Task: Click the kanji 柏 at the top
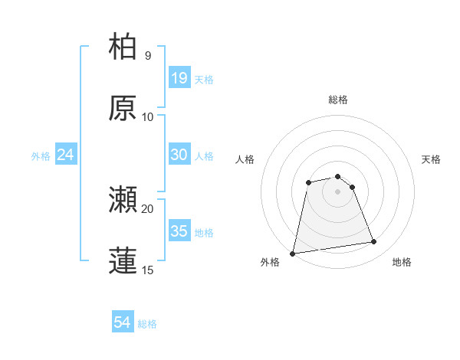[x=123, y=47]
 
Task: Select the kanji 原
[x=123, y=108]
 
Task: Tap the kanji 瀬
[x=123, y=200]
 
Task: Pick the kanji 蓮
[x=123, y=260]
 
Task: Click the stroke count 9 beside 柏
[x=148, y=55]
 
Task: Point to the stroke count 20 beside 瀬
[x=148, y=208]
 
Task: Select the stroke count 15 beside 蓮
[x=148, y=270]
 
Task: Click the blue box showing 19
[x=179, y=77]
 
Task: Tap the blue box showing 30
[x=179, y=155]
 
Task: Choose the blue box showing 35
[x=179, y=231]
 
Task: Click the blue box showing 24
[x=66, y=155]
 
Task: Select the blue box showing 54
[x=123, y=323]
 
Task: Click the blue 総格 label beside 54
[x=147, y=324]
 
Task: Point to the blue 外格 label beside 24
[x=41, y=155]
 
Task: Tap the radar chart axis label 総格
[x=338, y=100]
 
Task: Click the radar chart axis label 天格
[x=431, y=159]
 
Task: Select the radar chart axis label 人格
[x=245, y=159]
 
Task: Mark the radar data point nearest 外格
[x=293, y=253]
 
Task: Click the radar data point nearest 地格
[x=374, y=242]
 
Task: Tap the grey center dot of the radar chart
[x=338, y=191]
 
